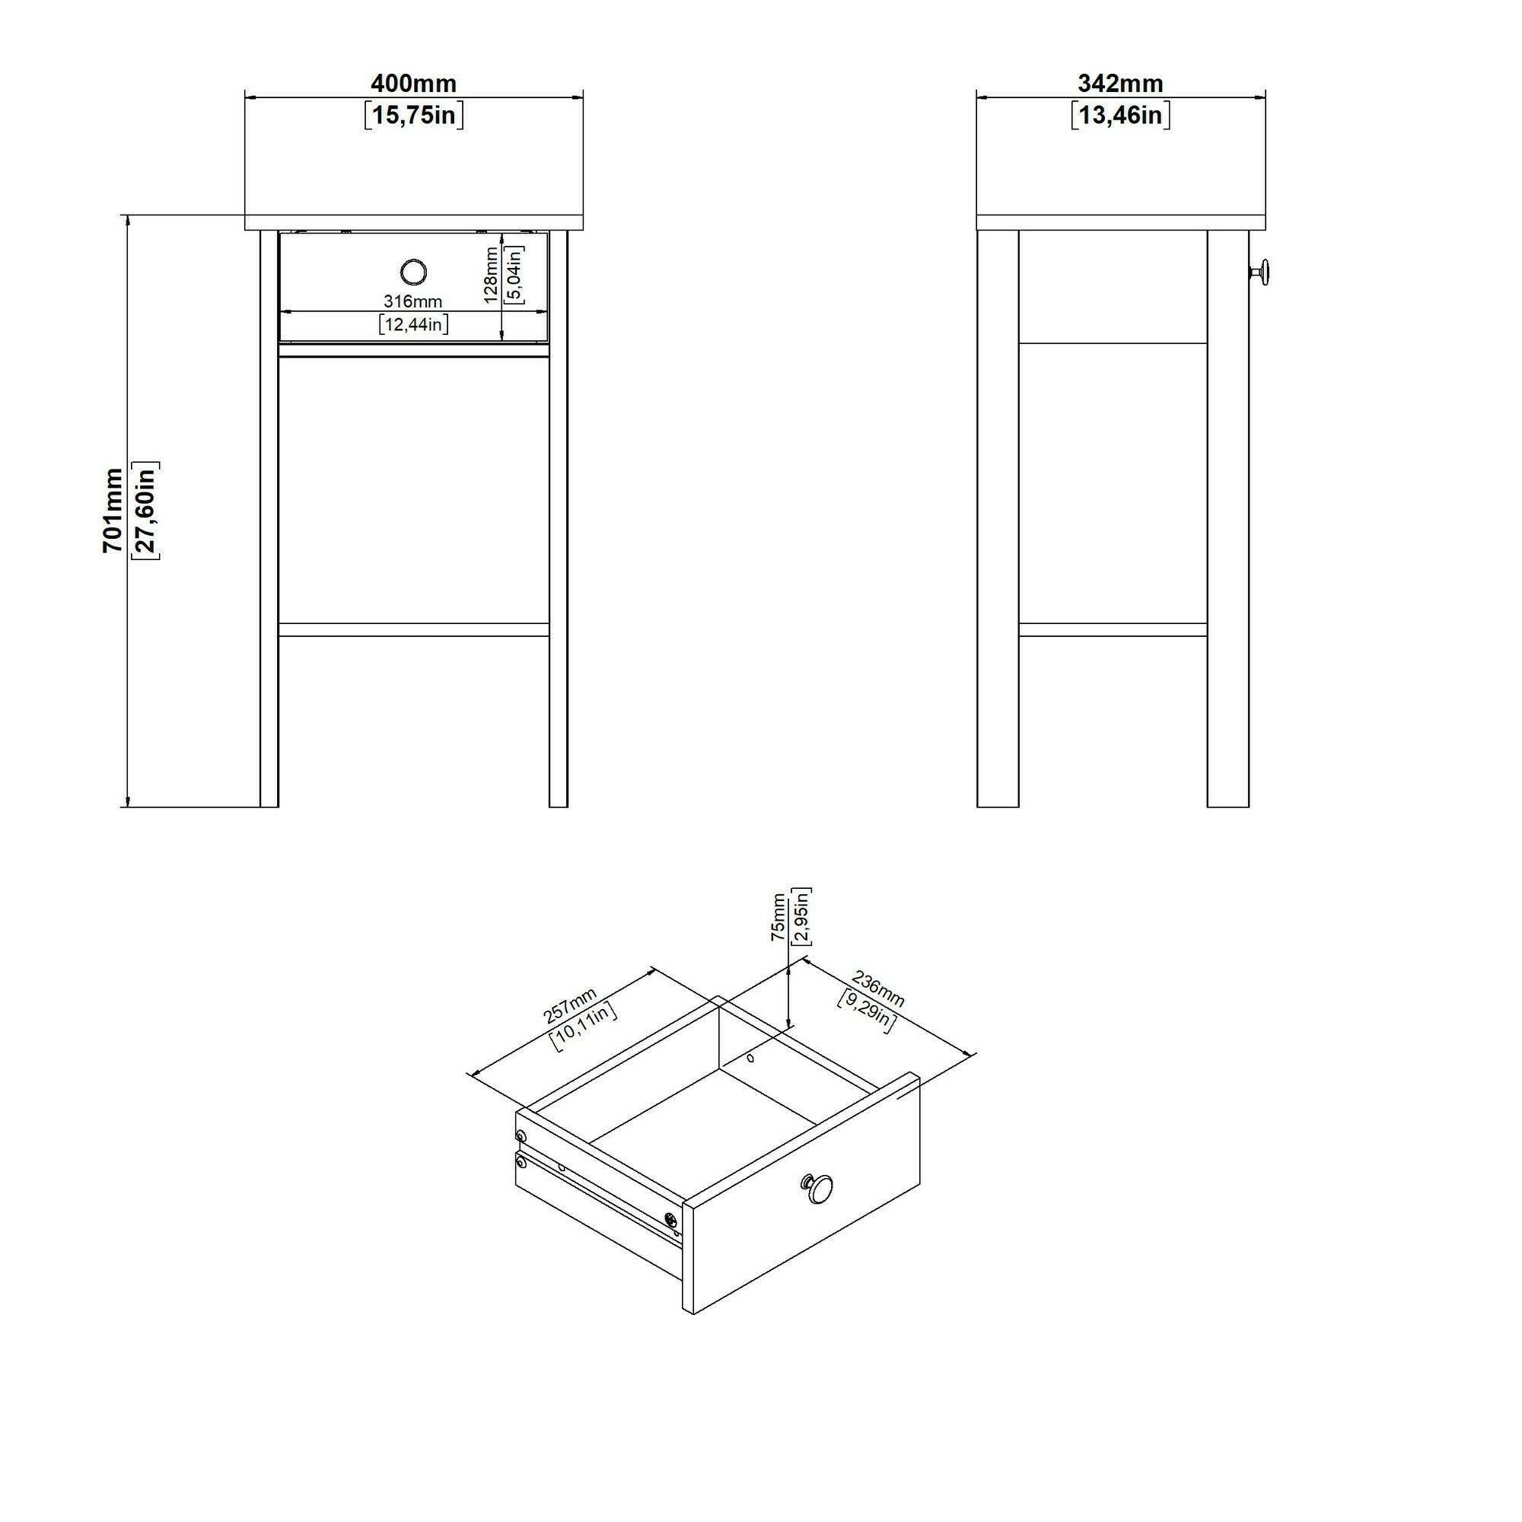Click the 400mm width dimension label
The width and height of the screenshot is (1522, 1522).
click(x=413, y=84)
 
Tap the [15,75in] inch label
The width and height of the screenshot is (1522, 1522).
click(x=413, y=115)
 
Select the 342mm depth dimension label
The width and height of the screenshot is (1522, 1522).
click(x=1120, y=84)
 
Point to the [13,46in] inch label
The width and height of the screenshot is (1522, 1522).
click(x=1120, y=115)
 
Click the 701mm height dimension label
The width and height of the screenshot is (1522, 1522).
click(x=113, y=510)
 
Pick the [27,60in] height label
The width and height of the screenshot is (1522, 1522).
click(x=146, y=510)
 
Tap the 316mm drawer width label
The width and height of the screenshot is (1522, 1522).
click(x=412, y=301)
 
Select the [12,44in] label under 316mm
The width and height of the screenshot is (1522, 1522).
click(x=413, y=323)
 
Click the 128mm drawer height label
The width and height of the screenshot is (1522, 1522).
click(x=491, y=275)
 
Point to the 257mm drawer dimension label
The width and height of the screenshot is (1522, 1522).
click(x=570, y=1006)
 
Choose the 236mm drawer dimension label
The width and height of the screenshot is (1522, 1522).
click(x=878, y=990)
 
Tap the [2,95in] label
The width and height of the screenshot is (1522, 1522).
click(x=802, y=916)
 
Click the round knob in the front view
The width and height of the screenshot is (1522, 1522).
click(x=412, y=272)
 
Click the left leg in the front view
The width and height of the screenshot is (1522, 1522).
click(x=269, y=519)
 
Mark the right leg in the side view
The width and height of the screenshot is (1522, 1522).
click(x=1227, y=519)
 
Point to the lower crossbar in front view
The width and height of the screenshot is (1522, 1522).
click(x=413, y=629)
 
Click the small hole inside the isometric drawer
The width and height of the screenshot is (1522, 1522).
click(x=750, y=1058)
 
